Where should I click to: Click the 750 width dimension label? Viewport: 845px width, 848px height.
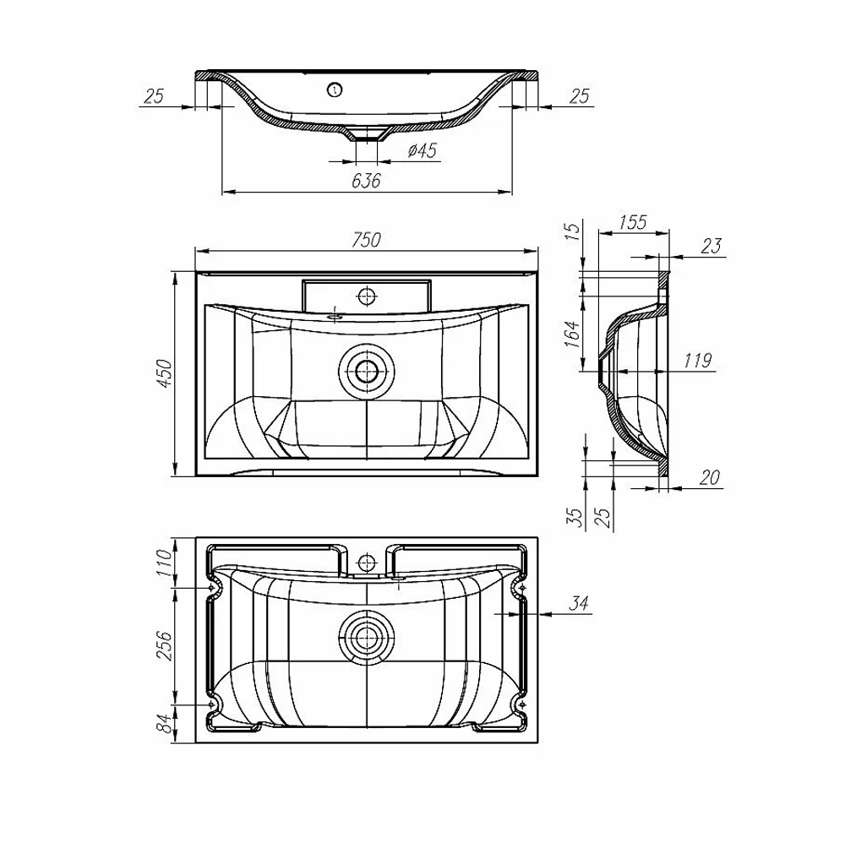click(x=366, y=240)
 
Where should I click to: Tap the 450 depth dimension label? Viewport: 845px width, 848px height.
click(x=164, y=373)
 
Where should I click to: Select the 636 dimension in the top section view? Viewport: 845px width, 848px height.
click(x=366, y=181)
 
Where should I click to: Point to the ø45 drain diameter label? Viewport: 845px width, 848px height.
click(x=422, y=150)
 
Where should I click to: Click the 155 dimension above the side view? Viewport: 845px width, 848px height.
click(x=632, y=222)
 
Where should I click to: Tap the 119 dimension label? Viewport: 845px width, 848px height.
click(x=697, y=360)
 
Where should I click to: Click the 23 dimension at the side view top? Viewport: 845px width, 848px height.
click(x=711, y=246)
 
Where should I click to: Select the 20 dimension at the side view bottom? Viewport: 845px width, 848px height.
click(x=709, y=477)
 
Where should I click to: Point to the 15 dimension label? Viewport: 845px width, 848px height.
click(x=573, y=231)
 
